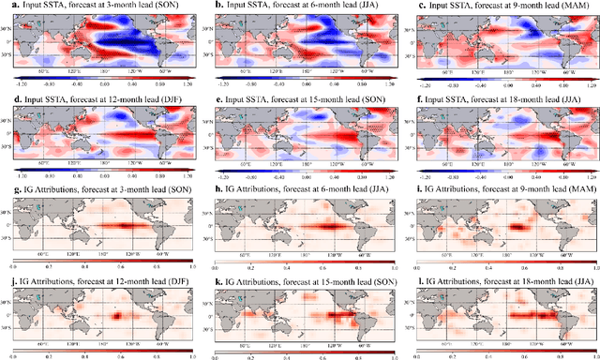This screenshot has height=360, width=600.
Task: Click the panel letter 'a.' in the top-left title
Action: pos(7,7)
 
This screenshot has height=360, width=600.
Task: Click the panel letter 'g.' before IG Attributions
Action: pos(7,183)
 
